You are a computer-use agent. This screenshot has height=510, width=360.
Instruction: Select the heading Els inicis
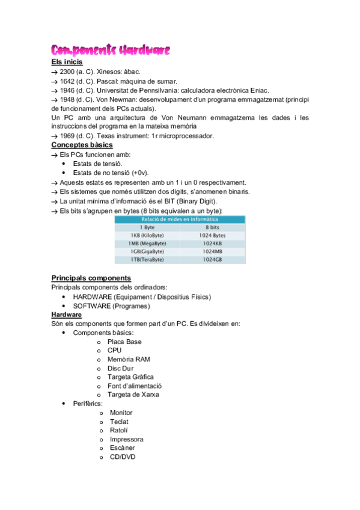67,62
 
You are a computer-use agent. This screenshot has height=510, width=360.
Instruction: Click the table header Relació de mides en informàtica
180,220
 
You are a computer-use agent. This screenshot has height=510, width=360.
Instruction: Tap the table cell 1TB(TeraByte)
147,259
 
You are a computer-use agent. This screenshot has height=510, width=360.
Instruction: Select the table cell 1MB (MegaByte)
147,243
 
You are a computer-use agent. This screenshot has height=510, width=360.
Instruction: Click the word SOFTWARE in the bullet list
91,306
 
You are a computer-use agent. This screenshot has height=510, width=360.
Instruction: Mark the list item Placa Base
124,342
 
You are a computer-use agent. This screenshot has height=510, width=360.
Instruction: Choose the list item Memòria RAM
129,359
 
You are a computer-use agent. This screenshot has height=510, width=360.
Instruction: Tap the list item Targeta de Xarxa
133,395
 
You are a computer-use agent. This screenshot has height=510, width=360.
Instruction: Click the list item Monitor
121,413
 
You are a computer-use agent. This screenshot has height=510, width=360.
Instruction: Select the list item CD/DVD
123,457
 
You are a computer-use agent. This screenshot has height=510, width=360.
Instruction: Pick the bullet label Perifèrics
88,403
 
